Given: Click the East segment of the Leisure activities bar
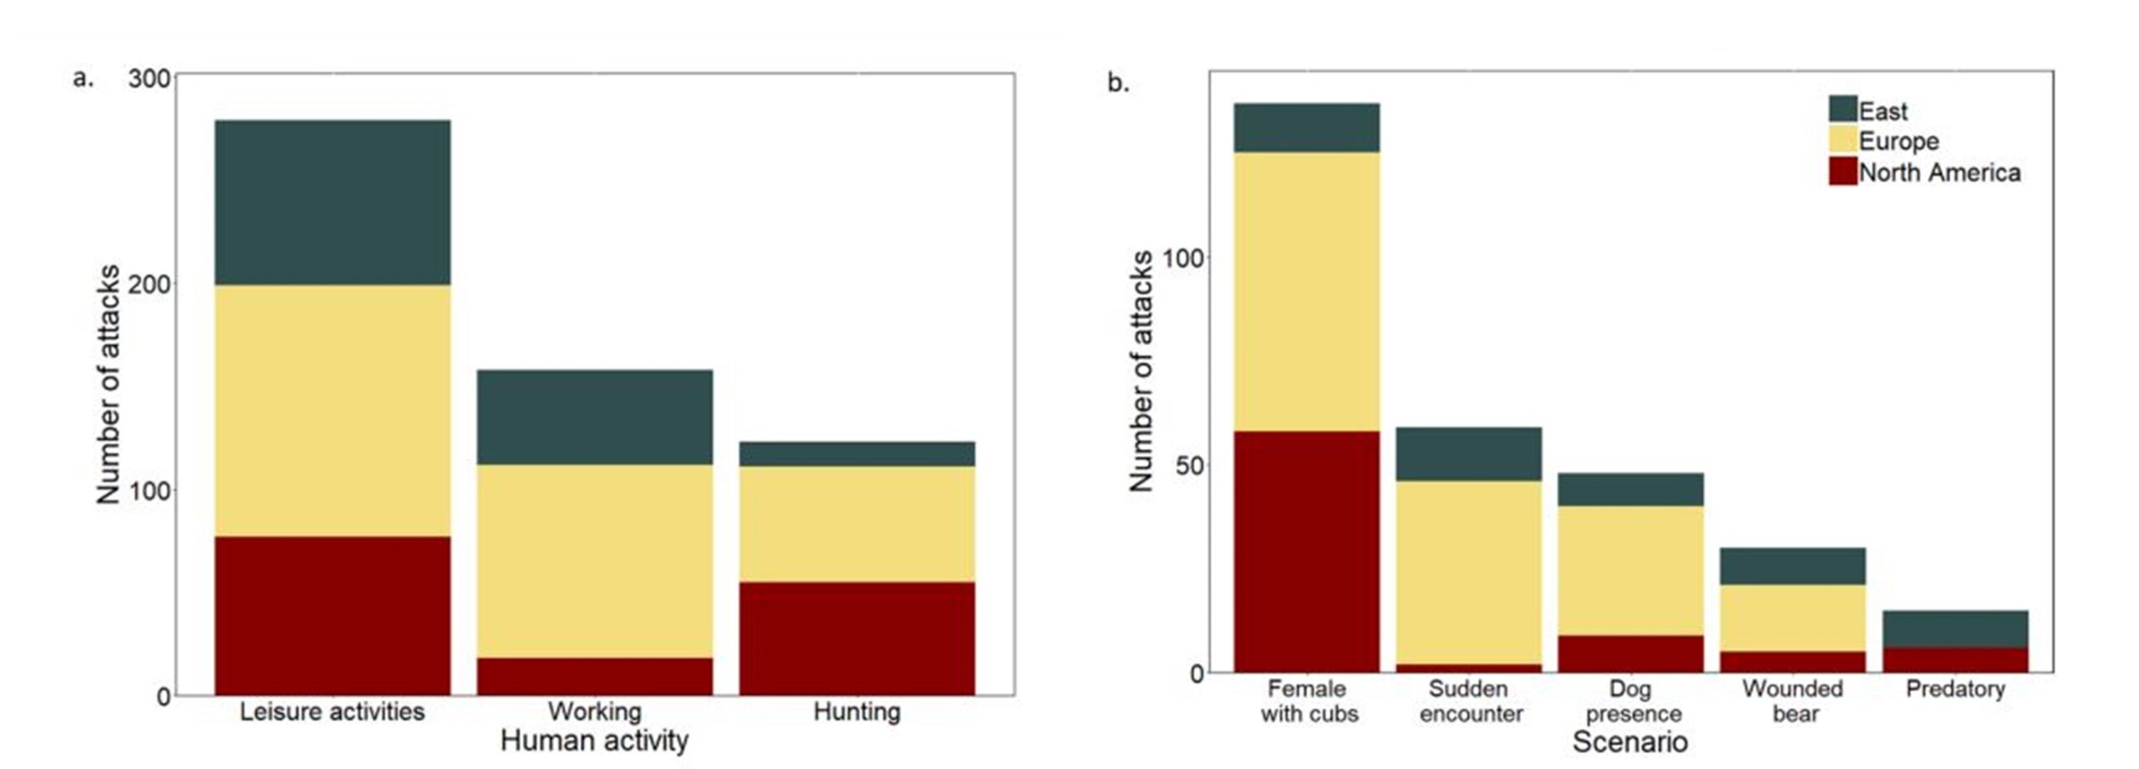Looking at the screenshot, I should pyautogui.click(x=333, y=202).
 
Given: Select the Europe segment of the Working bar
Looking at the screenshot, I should pyautogui.click(x=594, y=561).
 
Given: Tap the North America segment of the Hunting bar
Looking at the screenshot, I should pyautogui.click(x=856, y=639).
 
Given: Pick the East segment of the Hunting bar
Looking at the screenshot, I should pyautogui.click(x=856, y=454).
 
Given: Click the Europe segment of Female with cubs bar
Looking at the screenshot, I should pyautogui.click(x=1306, y=291).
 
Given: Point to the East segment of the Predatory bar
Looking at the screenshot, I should pyautogui.click(x=1954, y=629).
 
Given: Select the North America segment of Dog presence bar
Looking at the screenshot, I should pyautogui.click(x=1630, y=654).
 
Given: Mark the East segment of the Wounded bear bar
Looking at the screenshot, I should pyautogui.click(x=1792, y=566).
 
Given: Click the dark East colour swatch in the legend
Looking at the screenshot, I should pyautogui.click(x=1842, y=109).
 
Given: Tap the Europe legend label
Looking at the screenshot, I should pyautogui.click(x=1898, y=141).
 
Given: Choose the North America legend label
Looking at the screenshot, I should pyautogui.click(x=1939, y=173).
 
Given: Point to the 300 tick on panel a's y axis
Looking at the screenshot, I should pyautogui.click(x=149, y=79).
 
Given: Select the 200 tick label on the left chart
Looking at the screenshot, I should pyautogui.click(x=149, y=284).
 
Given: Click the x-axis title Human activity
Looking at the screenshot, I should pyautogui.click(x=594, y=741).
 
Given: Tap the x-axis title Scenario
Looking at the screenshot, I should pyautogui.click(x=1629, y=741).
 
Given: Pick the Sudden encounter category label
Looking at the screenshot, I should pyautogui.click(x=1469, y=701).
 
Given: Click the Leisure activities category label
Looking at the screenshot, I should pyautogui.click(x=332, y=711).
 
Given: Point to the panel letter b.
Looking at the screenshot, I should pyautogui.click(x=1117, y=83).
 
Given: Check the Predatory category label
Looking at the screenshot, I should pyautogui.click(x=1954, y=689).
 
